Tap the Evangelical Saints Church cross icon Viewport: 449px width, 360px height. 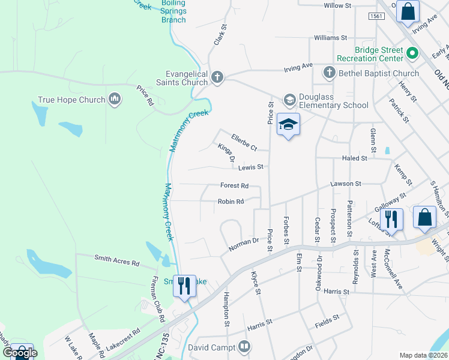218,77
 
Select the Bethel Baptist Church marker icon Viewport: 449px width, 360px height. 328,73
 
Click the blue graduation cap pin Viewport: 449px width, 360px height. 289,125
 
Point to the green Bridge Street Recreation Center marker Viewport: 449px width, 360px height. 412,54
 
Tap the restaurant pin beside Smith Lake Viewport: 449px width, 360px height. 184,285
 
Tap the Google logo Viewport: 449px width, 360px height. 20,353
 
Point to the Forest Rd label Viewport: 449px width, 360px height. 234,186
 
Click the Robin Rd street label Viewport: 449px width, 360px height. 231,202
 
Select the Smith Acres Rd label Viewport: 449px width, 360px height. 116,260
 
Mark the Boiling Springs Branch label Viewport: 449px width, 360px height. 173,11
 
